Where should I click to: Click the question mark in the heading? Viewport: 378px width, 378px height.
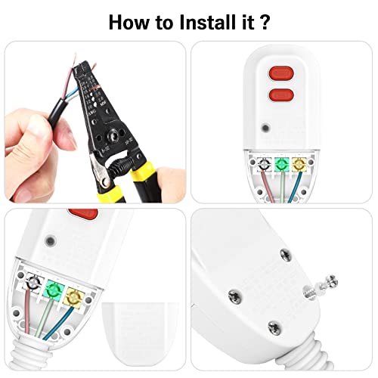coord(263,20)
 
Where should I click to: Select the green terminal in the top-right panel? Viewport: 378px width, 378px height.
coord(281,163)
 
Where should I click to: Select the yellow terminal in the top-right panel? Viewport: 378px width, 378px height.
coord(300,163)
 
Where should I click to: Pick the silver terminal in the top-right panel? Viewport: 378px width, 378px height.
coord(263,163)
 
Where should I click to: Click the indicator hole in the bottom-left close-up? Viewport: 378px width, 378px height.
coord(50,240)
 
